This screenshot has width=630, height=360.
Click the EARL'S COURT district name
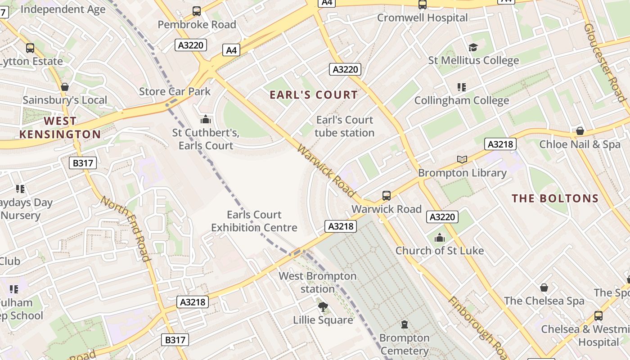point(314,95)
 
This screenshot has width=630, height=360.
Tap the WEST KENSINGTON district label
point(60,128)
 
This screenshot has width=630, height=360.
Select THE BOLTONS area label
point(555,198)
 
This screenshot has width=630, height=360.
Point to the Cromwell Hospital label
point(422,18)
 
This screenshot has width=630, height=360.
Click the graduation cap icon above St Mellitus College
point(472,47)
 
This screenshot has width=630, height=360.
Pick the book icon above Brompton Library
point(462,159)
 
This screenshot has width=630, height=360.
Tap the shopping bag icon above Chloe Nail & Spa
point(580,131)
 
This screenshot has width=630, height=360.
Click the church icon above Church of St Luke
point(440,237)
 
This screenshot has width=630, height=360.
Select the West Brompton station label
point(318,282)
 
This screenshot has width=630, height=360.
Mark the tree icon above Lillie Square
point(323,307)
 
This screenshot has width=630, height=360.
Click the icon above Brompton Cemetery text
point(404,324)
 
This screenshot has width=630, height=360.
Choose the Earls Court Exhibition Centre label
point(254,221)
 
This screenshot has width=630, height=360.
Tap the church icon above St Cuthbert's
point(206,119)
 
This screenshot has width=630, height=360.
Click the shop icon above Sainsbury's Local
point(65,87)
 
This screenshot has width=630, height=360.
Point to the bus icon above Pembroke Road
point(197,11)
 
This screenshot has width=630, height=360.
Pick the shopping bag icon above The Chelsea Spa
point(544,287)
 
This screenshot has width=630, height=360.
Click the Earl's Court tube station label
point(345,126)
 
